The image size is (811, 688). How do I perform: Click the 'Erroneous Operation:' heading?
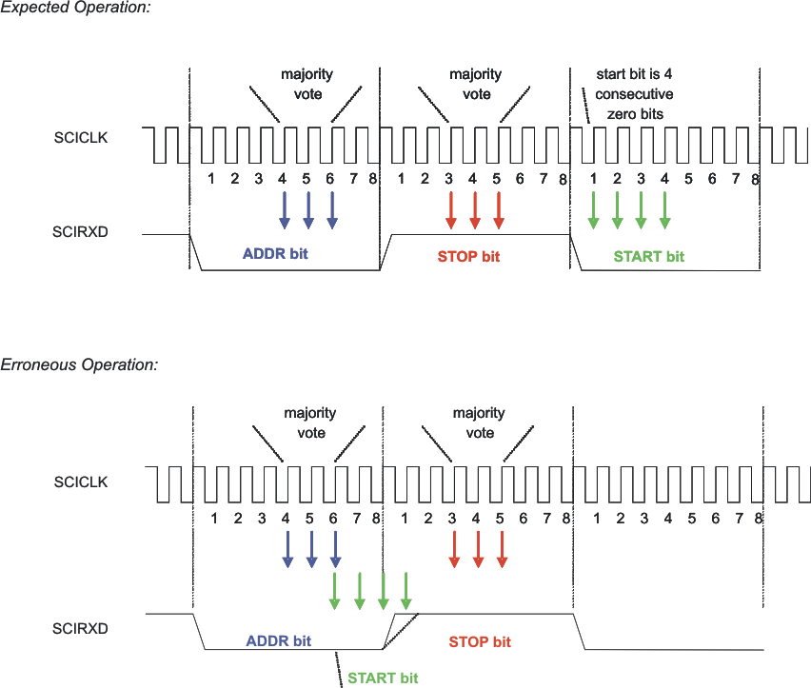point(79,365)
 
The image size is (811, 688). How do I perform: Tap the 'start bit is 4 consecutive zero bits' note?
point(634,93)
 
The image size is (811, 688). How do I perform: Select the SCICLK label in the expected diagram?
point(81,138)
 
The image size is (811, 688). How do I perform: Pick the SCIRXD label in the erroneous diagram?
point(81,628)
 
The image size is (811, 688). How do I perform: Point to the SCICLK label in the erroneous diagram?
point(81,482)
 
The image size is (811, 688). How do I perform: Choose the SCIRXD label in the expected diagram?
point(81,232)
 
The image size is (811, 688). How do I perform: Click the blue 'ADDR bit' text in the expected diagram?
point(275,255)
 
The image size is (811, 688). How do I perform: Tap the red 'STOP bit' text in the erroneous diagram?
point(480,641)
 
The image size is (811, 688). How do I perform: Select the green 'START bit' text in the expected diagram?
point(648,256)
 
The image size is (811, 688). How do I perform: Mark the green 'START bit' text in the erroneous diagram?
point(383,678)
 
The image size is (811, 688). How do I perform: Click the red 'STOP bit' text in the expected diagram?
point(468,256)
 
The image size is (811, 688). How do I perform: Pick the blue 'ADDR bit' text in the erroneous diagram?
point(279,640)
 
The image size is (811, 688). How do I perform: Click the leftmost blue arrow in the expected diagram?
point(284,209)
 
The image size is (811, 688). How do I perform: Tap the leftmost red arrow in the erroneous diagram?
point(454,550)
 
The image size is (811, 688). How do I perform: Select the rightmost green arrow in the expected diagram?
point(664,209)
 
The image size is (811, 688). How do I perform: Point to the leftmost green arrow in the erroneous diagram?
point(335,590)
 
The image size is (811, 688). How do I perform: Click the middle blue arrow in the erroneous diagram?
point(311,550)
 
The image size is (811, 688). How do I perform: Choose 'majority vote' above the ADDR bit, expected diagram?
point(301,84)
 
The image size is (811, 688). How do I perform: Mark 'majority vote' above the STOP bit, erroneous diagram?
point(479,423)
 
